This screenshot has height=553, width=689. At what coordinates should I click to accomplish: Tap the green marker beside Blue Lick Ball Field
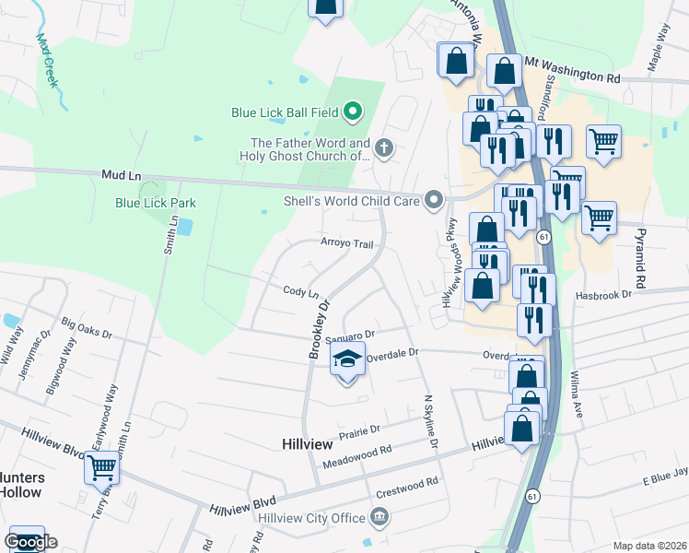[x=352, y=113]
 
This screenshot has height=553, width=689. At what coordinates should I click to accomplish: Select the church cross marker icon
[x=383, y=146]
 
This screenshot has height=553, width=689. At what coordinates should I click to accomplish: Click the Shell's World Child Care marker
[x=433, y=200]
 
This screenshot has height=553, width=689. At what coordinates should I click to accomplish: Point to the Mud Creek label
[x=47, y=60]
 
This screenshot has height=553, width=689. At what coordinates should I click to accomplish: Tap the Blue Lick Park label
[x=156, y=203]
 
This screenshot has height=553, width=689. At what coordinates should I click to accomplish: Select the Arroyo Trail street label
[x=346, y=244]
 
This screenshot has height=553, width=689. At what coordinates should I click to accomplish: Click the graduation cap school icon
[x=347, y=359]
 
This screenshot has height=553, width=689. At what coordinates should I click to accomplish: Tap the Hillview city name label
[x=306, y=444]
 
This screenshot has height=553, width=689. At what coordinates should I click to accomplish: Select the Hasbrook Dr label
[x=604, y=294]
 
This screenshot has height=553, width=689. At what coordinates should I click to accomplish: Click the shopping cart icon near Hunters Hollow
[x=101, y=468]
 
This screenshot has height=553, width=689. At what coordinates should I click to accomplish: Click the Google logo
[x=30, y=541]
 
